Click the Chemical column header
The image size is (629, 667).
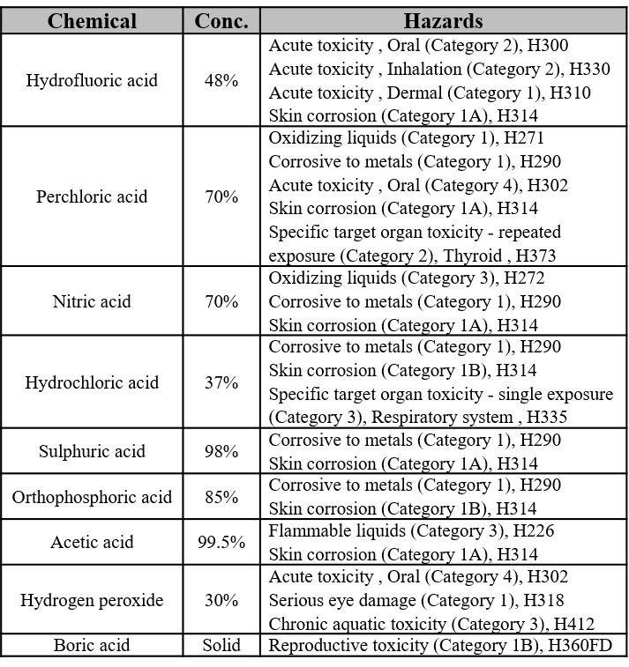(92, 20)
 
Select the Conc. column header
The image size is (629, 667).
(221, 20)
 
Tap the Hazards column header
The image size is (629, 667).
(443, 20)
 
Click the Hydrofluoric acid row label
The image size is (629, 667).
(92, 80)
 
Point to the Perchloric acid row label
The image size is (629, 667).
(92, 196)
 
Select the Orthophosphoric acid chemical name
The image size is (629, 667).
(92, 497)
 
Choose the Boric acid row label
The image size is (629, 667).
(92, 645)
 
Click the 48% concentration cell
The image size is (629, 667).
(221, 80)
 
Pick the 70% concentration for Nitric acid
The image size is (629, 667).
(221, 301)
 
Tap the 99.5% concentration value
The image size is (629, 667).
(221, 542)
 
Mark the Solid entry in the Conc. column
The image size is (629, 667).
(221, 645)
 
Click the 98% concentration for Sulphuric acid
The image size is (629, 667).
(221, 451)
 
